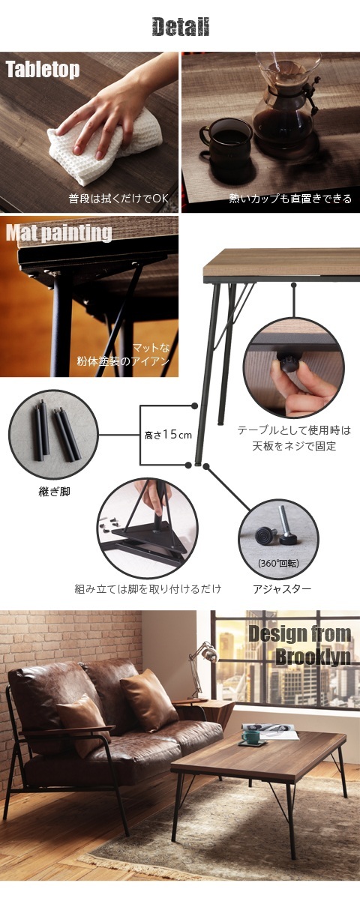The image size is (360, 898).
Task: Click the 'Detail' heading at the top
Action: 180,27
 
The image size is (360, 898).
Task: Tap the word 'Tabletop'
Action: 43,70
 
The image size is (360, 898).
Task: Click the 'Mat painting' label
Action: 58,232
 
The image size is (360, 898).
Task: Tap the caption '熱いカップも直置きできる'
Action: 290,198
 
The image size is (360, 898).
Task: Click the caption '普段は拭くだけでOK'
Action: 118,198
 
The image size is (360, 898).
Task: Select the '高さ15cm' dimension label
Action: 168,435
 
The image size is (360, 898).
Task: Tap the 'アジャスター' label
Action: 282,588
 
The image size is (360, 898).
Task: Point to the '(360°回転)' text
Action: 278,563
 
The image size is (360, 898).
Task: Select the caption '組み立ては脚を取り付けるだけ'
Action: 148,588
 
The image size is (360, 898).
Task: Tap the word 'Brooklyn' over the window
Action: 313,656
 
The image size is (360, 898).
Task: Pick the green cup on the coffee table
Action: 251,737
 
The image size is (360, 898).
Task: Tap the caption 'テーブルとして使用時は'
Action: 294,430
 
